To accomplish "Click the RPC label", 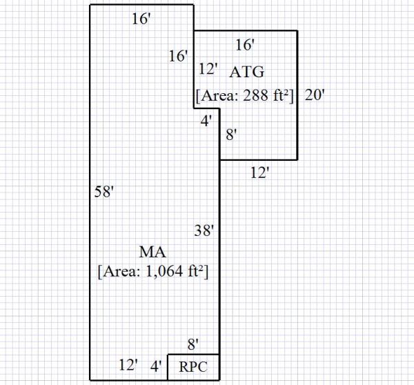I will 193,366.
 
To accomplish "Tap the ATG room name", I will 248,71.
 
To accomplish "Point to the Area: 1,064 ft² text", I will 154,271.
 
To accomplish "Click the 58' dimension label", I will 103,192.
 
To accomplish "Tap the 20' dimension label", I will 314,96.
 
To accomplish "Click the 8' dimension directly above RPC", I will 193,342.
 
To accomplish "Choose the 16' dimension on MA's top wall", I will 141,19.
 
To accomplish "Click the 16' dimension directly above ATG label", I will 246,45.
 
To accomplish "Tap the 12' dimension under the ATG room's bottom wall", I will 259,173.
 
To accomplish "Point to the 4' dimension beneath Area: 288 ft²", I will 206,121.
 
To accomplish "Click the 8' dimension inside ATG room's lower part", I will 231,136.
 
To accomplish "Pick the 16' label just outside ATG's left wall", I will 178,56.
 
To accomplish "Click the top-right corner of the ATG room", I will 297,30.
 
